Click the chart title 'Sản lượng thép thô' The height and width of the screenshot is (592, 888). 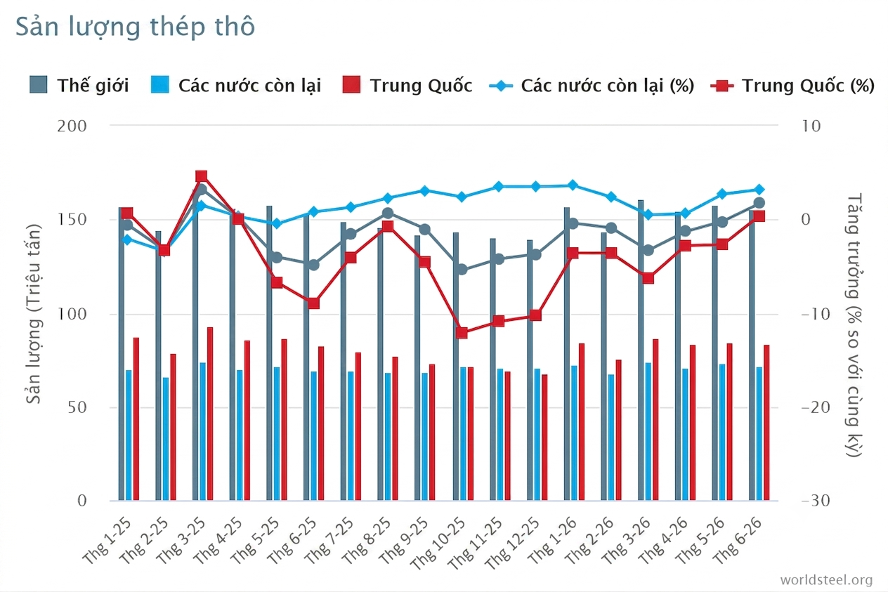click(135, 27)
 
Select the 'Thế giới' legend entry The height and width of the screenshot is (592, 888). click(79, 85)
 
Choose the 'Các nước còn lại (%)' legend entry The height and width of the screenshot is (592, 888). click(592, 86)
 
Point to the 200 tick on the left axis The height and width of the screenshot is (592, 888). click(72, 126)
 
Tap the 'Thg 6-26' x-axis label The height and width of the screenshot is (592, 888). click(738, 541)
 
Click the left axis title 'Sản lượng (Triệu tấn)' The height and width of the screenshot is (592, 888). click(33, 314)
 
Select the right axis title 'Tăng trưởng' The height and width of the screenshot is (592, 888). click(854, 246)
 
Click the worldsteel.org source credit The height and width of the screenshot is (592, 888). click(827, 580)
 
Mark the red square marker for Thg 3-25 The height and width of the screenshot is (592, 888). click(202, 176)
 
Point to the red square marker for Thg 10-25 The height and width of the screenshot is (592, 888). click(462, 333)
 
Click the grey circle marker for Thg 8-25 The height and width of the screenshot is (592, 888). click(388, 213)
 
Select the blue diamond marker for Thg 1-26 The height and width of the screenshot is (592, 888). click(573, 185)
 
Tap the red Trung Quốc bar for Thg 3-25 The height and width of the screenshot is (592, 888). click(210, 414)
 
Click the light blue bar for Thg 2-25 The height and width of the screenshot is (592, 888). click(166, 439)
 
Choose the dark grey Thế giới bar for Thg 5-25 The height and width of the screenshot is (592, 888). click(269, 353)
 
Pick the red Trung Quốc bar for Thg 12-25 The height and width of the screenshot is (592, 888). click(544, 437)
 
